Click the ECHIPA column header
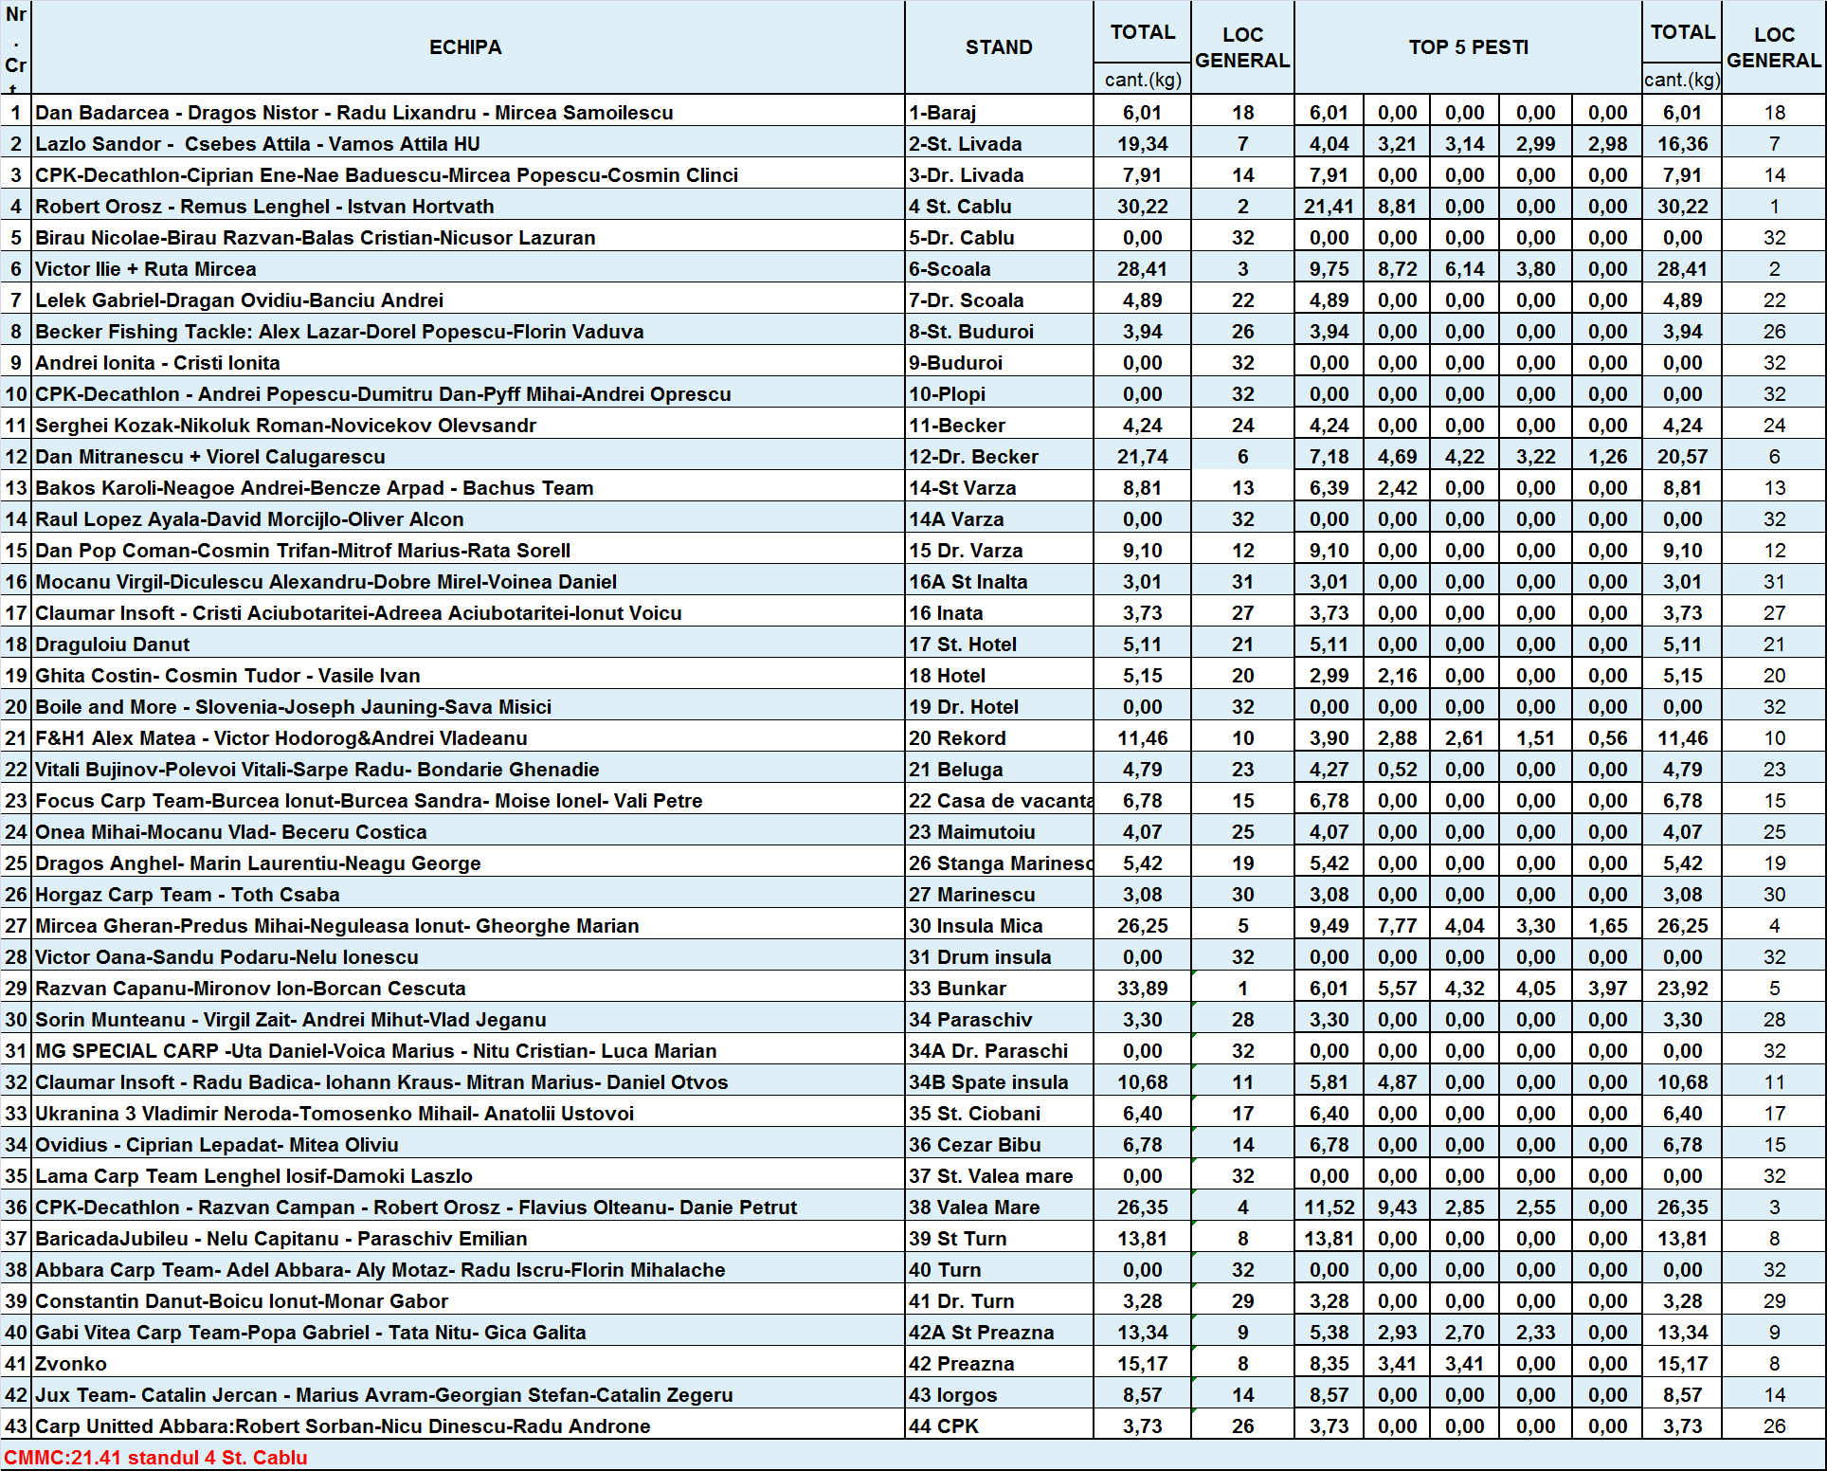coord(465,47)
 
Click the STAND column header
coord(999,47)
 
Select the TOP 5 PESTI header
coord(1468,47)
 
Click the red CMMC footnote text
coord(155,1457)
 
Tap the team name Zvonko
coord(71,1364)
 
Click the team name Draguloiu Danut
coord(112,645)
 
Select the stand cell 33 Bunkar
coord(957,989)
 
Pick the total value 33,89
coord(1142,989)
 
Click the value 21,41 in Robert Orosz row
coord(1329,207)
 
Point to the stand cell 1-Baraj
coord(942,113)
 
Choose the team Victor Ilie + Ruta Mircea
coord(145,269)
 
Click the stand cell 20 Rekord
coord(957,738)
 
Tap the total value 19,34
coord(1142,144)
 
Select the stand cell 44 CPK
coord(944,1426)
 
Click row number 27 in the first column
coord(16,926)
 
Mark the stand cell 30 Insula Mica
coord(975,926)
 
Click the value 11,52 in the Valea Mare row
coord(1329,1208)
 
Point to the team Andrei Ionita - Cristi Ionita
coord(157,363)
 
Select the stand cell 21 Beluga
coord(955,770)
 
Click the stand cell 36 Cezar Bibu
coord(974,1145)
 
